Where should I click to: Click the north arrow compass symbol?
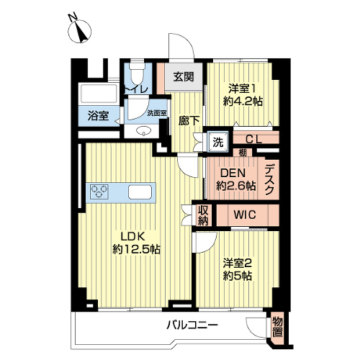[x=80, y=31]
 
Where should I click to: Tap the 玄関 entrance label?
[x=184, y=77]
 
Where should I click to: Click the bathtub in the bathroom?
[x=99, y=94]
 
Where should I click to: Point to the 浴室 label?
[x=99, y=116]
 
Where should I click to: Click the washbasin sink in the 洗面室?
[x=143, y=131]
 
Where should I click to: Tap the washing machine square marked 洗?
[x=218, y=142]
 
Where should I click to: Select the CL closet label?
[x=254, y=139]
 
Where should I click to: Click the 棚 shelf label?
[x=243, y=153]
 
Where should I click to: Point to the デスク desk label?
[x=269, y=179]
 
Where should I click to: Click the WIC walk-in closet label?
[x=245, y=215]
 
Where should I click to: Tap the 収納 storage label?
[x=203, y=215]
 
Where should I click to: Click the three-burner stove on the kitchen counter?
[x=99, y=191]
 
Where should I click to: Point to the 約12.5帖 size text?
[x=136, y=250]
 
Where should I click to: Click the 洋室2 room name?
[x=237, y=264]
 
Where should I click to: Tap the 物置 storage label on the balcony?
[x=278, y=327]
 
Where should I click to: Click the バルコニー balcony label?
[x=192, y=325]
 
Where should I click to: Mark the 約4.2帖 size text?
[x=243, y=102]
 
